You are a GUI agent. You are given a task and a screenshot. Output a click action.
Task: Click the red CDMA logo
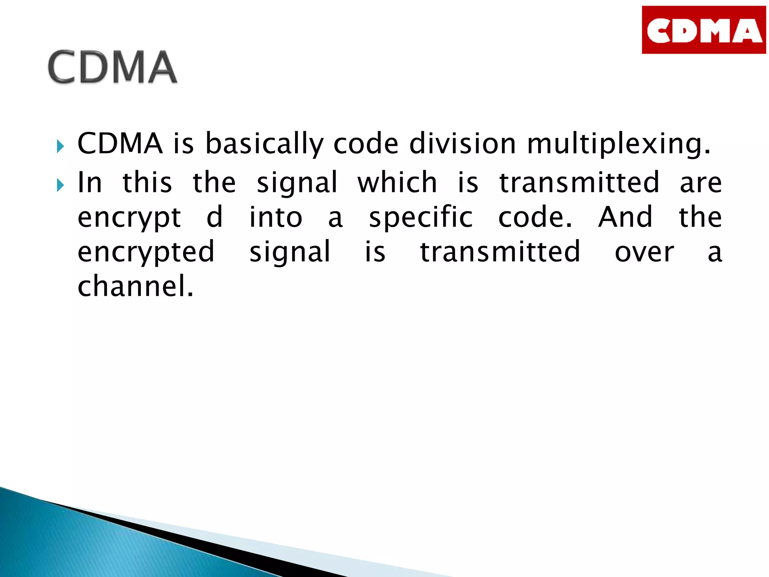coord(704,30)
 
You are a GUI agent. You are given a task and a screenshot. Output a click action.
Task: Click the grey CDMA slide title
coord(112,67)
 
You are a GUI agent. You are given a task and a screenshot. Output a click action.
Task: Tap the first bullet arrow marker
coord(60,146)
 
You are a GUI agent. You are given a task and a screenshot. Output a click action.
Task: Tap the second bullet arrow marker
coord(60,185)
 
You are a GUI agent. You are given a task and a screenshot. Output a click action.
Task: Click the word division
coord(462,143)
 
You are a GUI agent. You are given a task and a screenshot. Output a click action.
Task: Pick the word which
coord(397,182)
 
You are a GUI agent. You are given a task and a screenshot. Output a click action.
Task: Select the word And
coord(625,217)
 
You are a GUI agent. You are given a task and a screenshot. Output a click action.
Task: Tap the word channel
coord(135,286)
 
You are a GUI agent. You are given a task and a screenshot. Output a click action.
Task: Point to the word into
coord(276,217)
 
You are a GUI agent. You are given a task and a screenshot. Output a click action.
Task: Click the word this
coord(147,182)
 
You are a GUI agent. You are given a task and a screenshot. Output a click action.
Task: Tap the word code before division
coord(366,143)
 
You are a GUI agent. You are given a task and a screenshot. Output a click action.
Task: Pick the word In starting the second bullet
coord(89,182)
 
